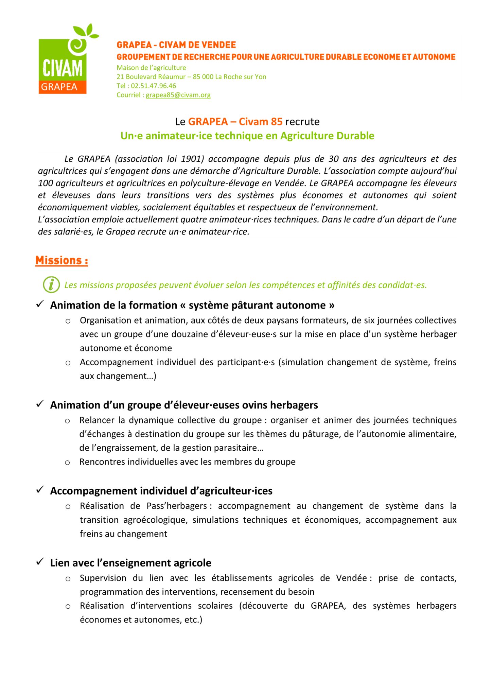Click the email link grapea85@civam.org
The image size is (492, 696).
point(178,95)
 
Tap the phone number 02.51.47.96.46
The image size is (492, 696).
point(154,86)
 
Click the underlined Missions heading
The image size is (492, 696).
point(62,260)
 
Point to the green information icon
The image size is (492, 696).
point(51,285)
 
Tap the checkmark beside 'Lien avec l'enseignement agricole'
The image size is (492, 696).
point(40,562)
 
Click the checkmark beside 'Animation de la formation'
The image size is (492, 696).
point(40,304)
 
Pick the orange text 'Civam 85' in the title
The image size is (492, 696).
point(261,122)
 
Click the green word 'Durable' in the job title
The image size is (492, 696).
point(355,136)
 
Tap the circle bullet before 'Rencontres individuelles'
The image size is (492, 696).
point(68,463)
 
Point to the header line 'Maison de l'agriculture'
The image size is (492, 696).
point(151,68)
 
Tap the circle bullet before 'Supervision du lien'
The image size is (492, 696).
point(68,579)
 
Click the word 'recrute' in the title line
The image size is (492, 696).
point(302,122)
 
